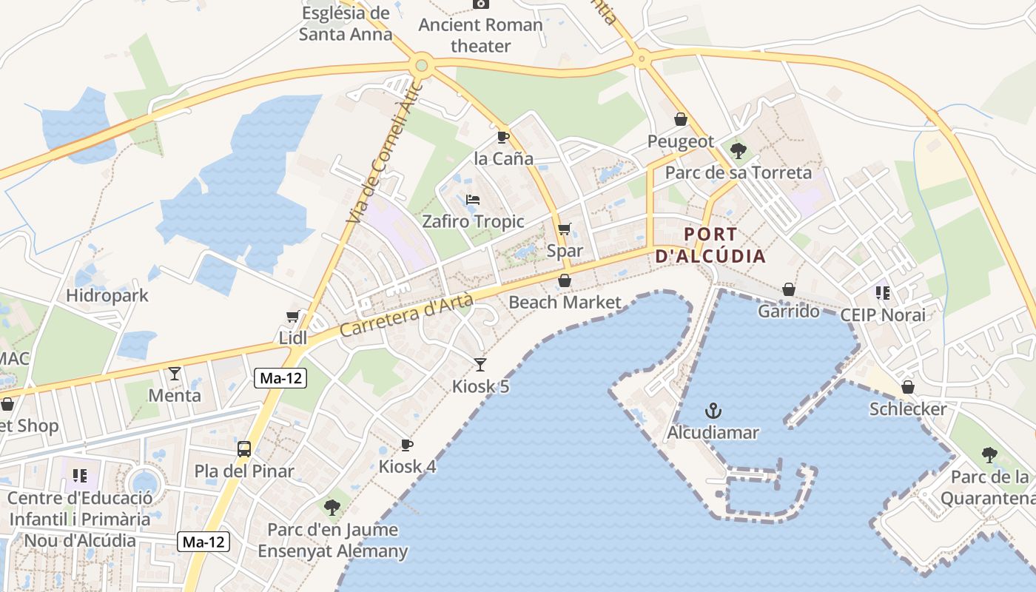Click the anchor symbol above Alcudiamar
pyautogui.click(x=713, y=411)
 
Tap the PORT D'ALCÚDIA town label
pyautogui.click(x=710, y=246)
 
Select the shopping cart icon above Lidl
pyautogui.click(x=293, y=316)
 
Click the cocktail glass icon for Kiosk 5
pyautogui.click(x=480, y=364)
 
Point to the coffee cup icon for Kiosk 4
pyautogui.click(x=406, y=445)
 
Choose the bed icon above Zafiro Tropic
pyautogui.click(x=473, y=200)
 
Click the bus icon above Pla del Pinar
pyautogui.click(x=244, y=448)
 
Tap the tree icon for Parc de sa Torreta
pyautogui.click(x=738, y=151)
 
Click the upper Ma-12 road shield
pyautogui.click(x=281, y=378)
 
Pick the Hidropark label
pyautogui.click(x=107, y=295)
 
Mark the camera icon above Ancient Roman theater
pyautogui.click(x=481, y=4)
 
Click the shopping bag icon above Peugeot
pyautogui.click(x=681, y=119)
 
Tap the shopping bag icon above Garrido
pyautogui.click(x=789, y=289)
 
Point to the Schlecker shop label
pyautogui.click(x=908, y=409)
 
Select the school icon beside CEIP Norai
pyautogui.click(x=882, y=293)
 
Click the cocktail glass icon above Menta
pyautogui.click(x=175, y=374)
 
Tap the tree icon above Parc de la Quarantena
pyautogui.click(x=989, y=455)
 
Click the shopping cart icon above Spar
pyautogui.click(x=565, y=229)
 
